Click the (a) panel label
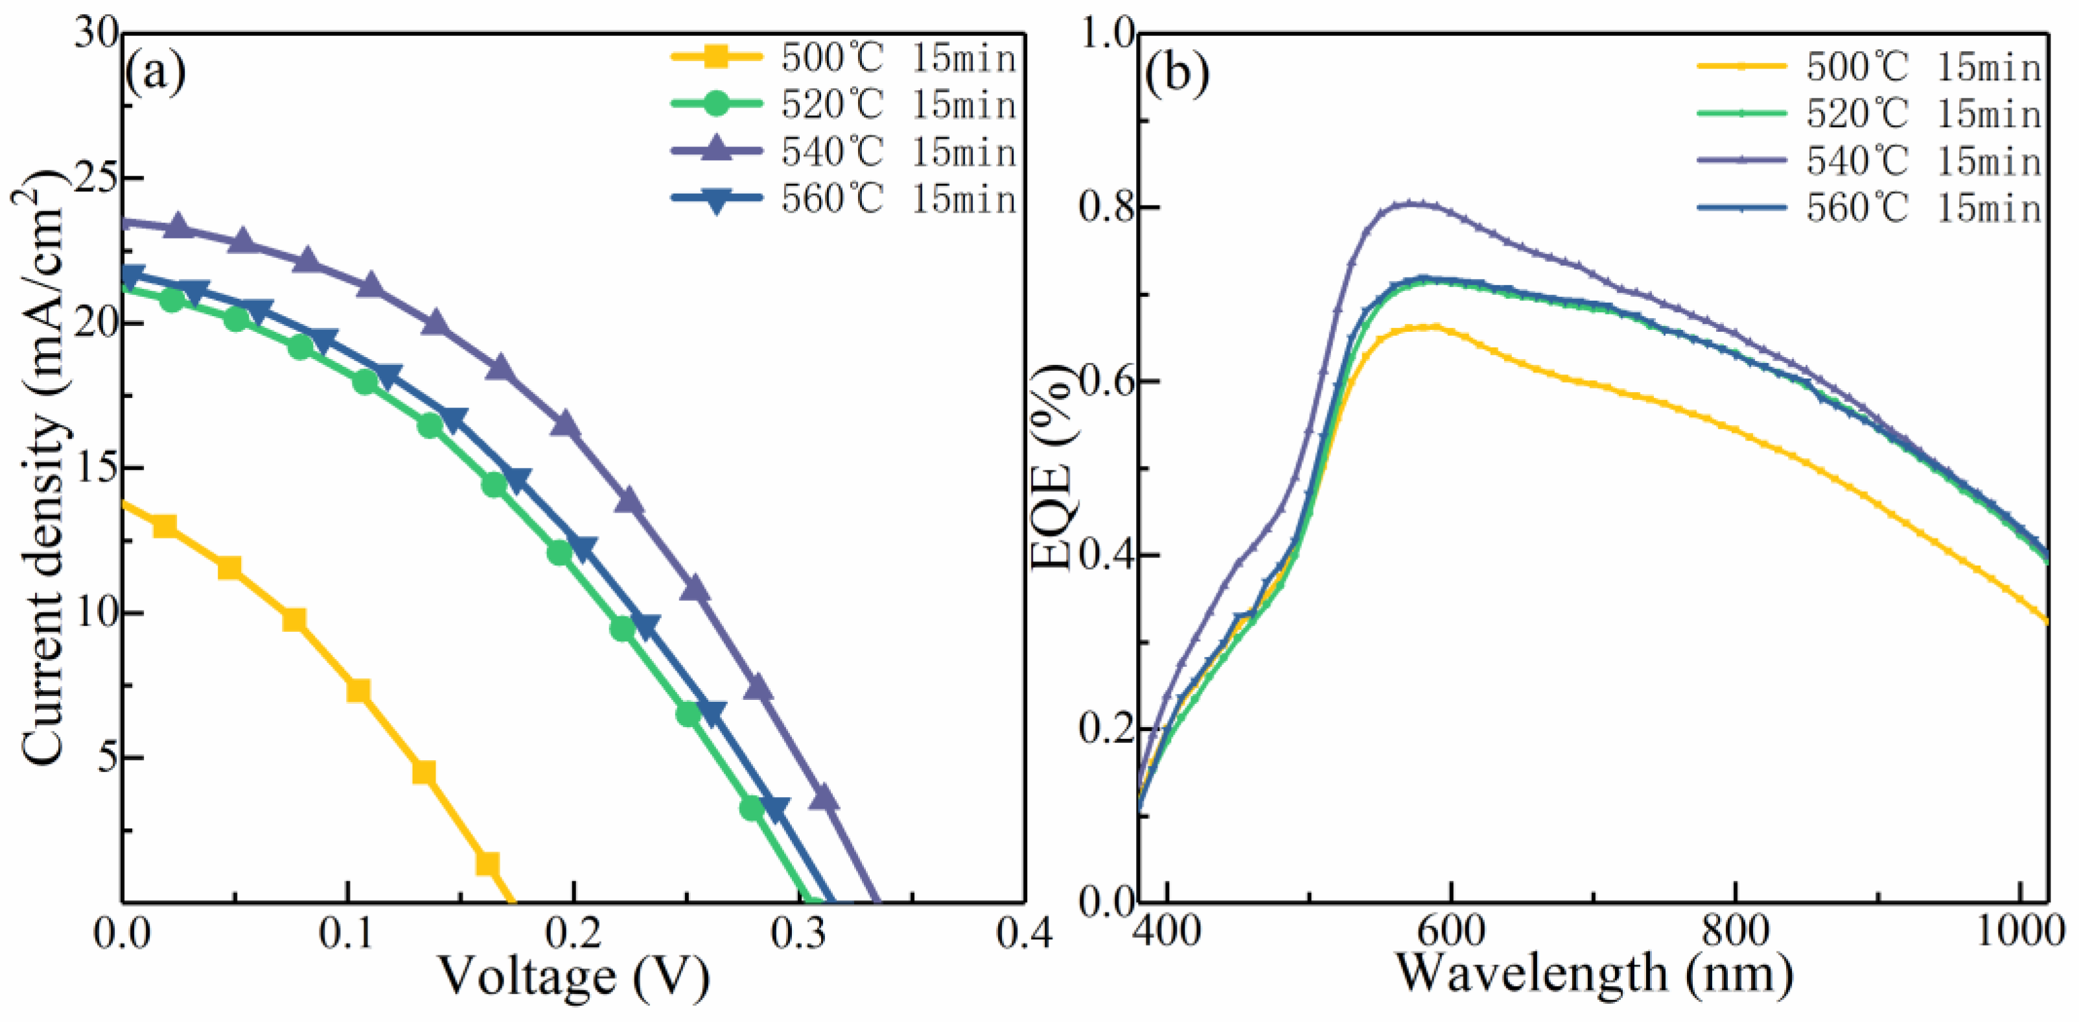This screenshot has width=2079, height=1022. point(155,73)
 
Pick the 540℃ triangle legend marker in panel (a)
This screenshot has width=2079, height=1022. point(716,150)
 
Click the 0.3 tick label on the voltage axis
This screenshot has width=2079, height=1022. point(799,934)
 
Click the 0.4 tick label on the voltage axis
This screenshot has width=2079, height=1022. point(1023,934)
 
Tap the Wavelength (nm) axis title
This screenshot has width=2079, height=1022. point(1594,973)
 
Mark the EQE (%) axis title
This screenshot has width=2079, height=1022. point(1053,468)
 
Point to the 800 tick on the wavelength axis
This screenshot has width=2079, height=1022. point(1735,933)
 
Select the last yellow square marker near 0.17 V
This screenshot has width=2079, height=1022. point(487,864)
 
